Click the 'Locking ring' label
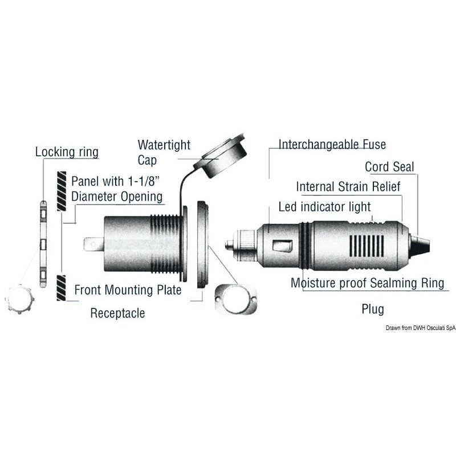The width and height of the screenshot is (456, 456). pos(67,152)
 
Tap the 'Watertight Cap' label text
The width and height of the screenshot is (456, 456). pos(164,152)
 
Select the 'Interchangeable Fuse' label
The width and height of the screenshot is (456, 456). pos(332,144)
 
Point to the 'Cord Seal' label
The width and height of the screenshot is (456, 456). pos(389,167)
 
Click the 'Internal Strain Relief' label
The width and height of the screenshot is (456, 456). pos(348,187)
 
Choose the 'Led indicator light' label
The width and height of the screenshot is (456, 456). pos(324,207)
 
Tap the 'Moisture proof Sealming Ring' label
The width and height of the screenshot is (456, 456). pos(367,283)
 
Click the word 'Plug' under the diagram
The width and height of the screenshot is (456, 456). pos(373,309)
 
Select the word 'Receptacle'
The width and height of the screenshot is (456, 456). pos(117,313)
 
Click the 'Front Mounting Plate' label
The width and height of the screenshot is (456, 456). pos(128,290)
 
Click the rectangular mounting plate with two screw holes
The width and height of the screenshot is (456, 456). pos(236,299)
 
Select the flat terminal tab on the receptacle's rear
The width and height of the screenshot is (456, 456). pos(93,245)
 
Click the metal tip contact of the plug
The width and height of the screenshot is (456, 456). pos(230,245)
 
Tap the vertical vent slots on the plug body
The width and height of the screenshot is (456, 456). pos(367,246)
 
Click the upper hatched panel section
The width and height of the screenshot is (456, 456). pos(62,191)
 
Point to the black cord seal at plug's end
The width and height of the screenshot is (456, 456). pos(420,245)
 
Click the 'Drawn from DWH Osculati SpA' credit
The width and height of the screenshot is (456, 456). pos(421,328)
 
